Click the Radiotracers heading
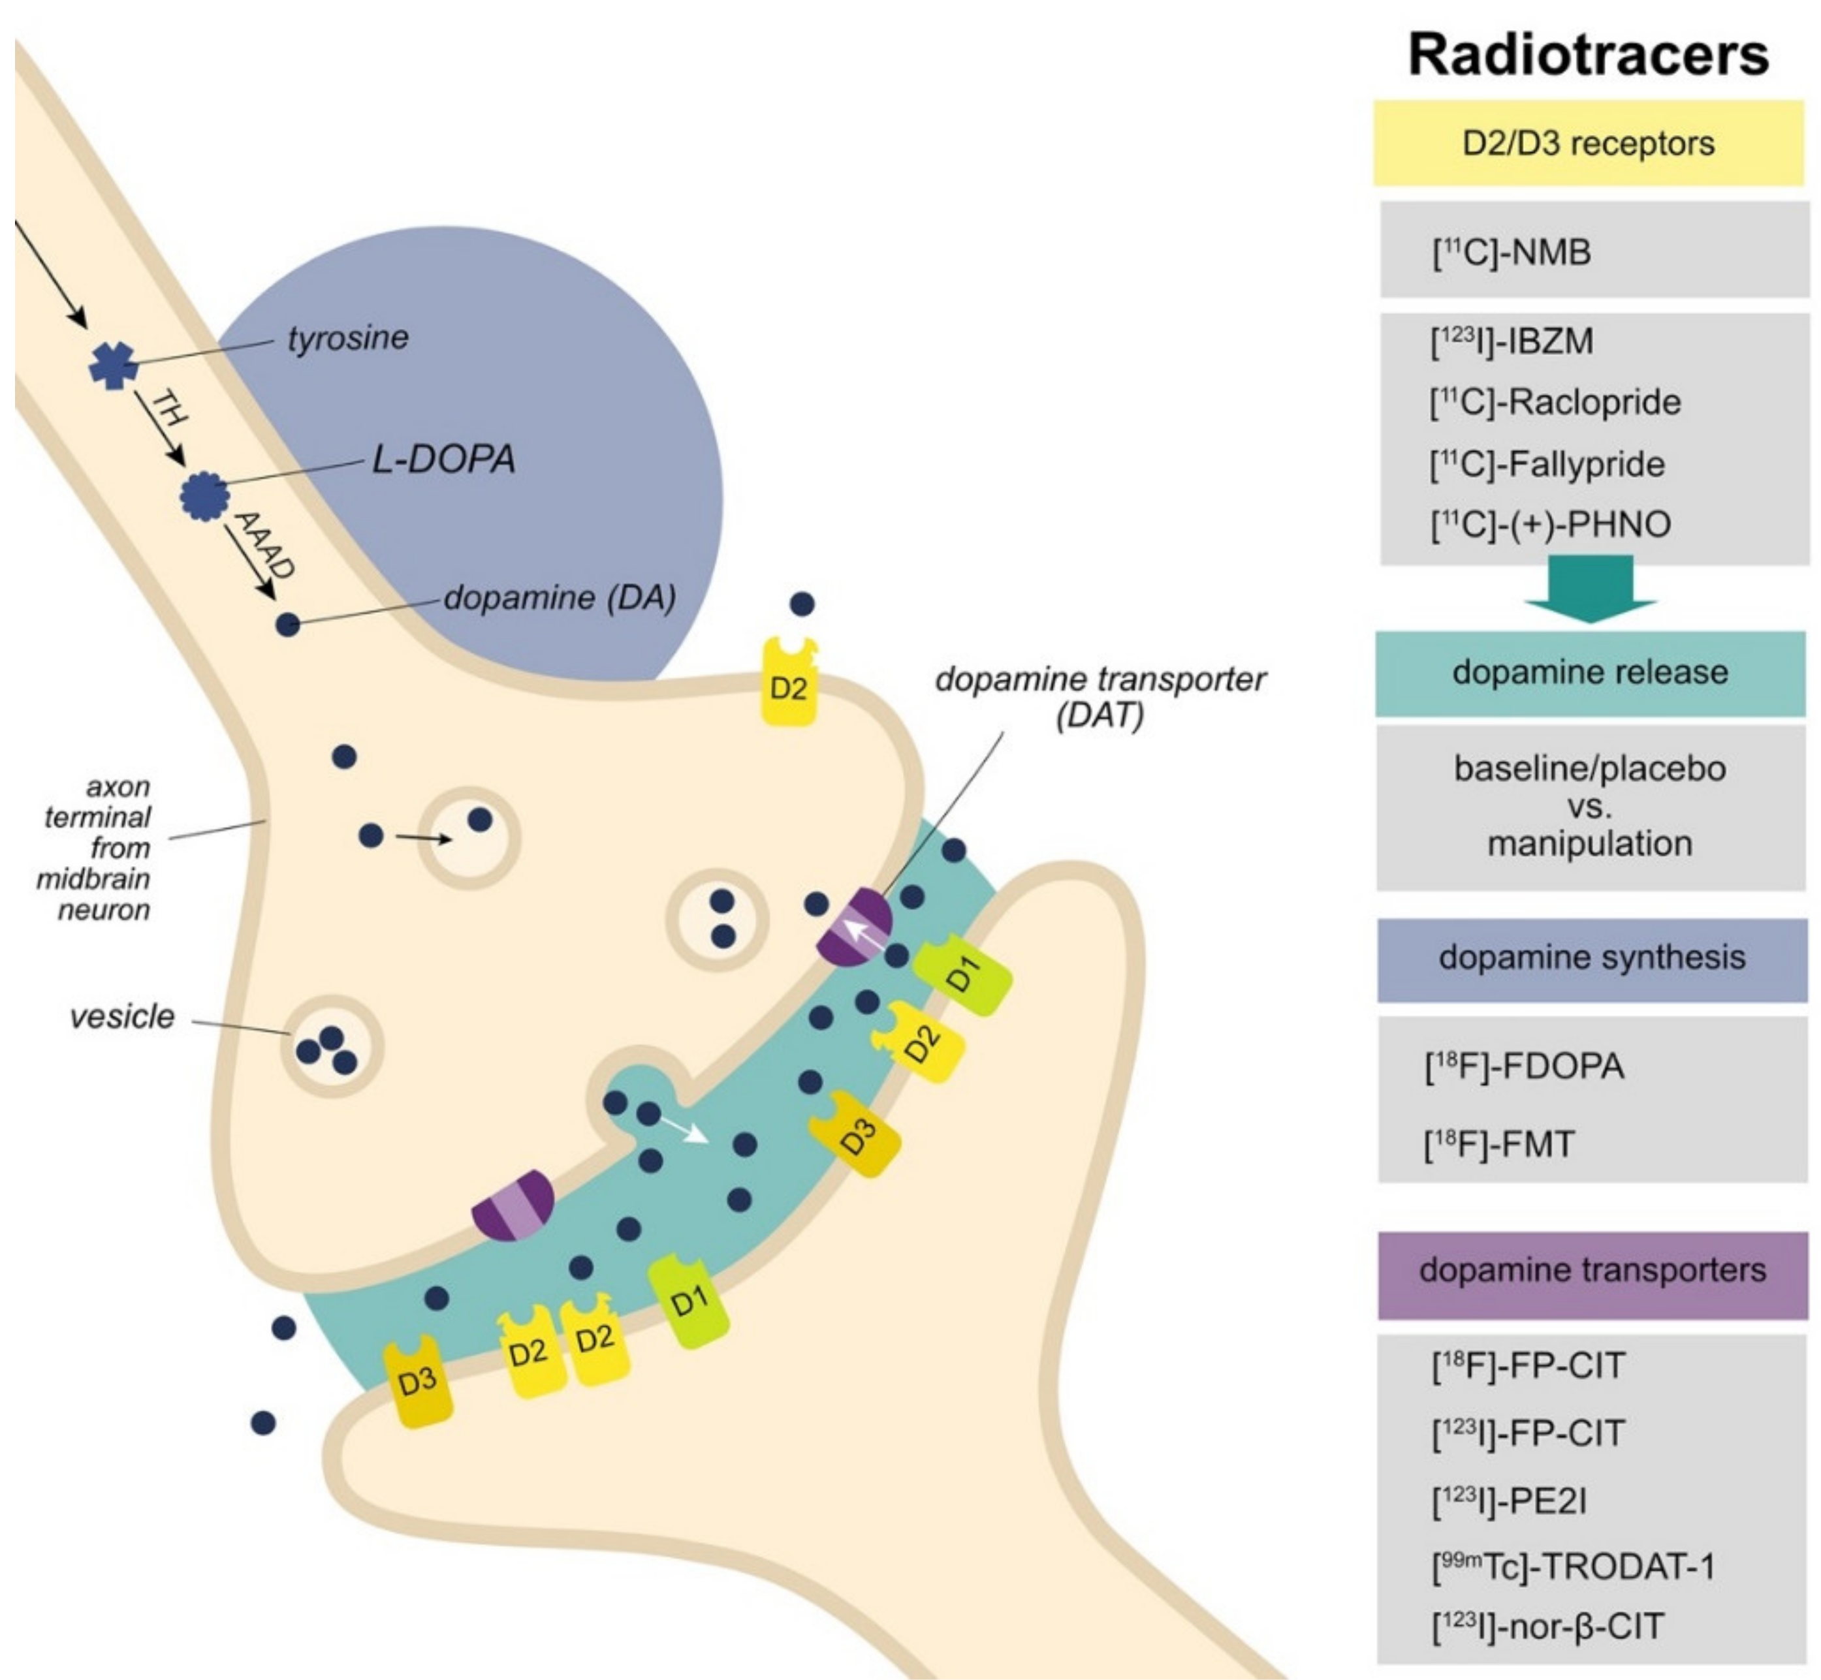point(1588,55)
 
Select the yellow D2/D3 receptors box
point(1588,144)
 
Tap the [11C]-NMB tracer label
point(1512,252)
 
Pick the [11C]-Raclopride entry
point(1555,402)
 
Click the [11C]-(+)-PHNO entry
point(1551,525)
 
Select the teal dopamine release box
point(1590,673)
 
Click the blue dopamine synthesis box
point(1592,958)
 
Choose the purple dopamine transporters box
point(1592,1271)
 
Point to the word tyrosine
point(349,338)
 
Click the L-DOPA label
point(444,459)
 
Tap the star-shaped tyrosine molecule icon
point(114,366)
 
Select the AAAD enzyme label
point(264,546)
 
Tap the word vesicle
point(122,1016)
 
